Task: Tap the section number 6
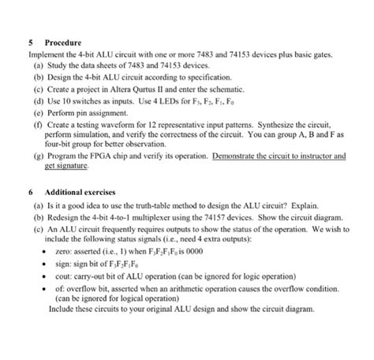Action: tap(29, 193)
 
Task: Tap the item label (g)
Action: tap(39, 157)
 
